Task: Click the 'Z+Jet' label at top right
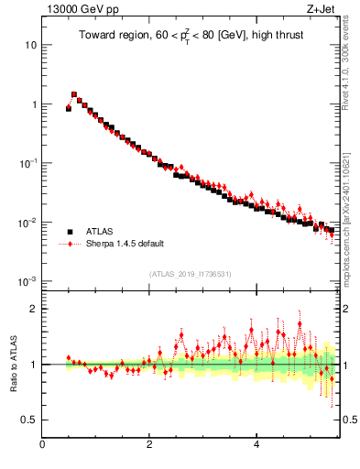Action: coord(322,9)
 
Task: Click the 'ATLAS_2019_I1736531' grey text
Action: coord(191,274)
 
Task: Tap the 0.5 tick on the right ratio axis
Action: coord(348,420)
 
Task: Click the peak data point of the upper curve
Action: coord(74,93)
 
